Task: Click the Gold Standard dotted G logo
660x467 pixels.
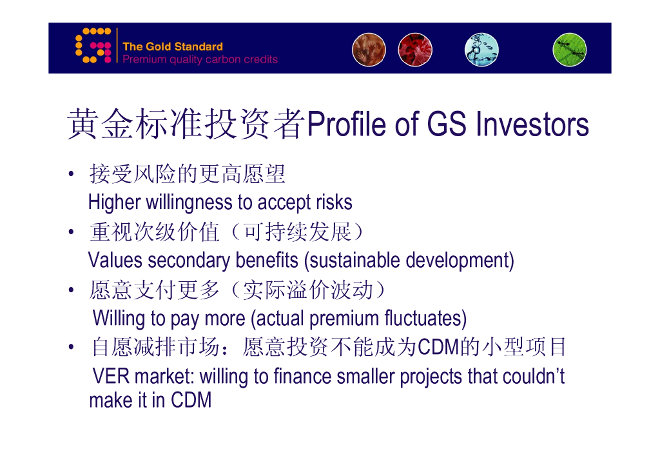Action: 93,46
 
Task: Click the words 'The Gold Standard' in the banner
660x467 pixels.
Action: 173,46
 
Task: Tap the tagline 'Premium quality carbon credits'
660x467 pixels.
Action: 200,59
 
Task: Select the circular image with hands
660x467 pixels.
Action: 369,50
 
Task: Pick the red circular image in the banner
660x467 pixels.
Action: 415,50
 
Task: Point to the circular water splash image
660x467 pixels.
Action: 481,50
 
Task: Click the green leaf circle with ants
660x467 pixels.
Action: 570,50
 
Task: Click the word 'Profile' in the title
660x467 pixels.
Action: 347,124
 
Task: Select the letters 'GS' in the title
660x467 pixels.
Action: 447,124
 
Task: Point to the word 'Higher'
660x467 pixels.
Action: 114,203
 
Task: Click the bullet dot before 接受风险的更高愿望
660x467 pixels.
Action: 71,174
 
